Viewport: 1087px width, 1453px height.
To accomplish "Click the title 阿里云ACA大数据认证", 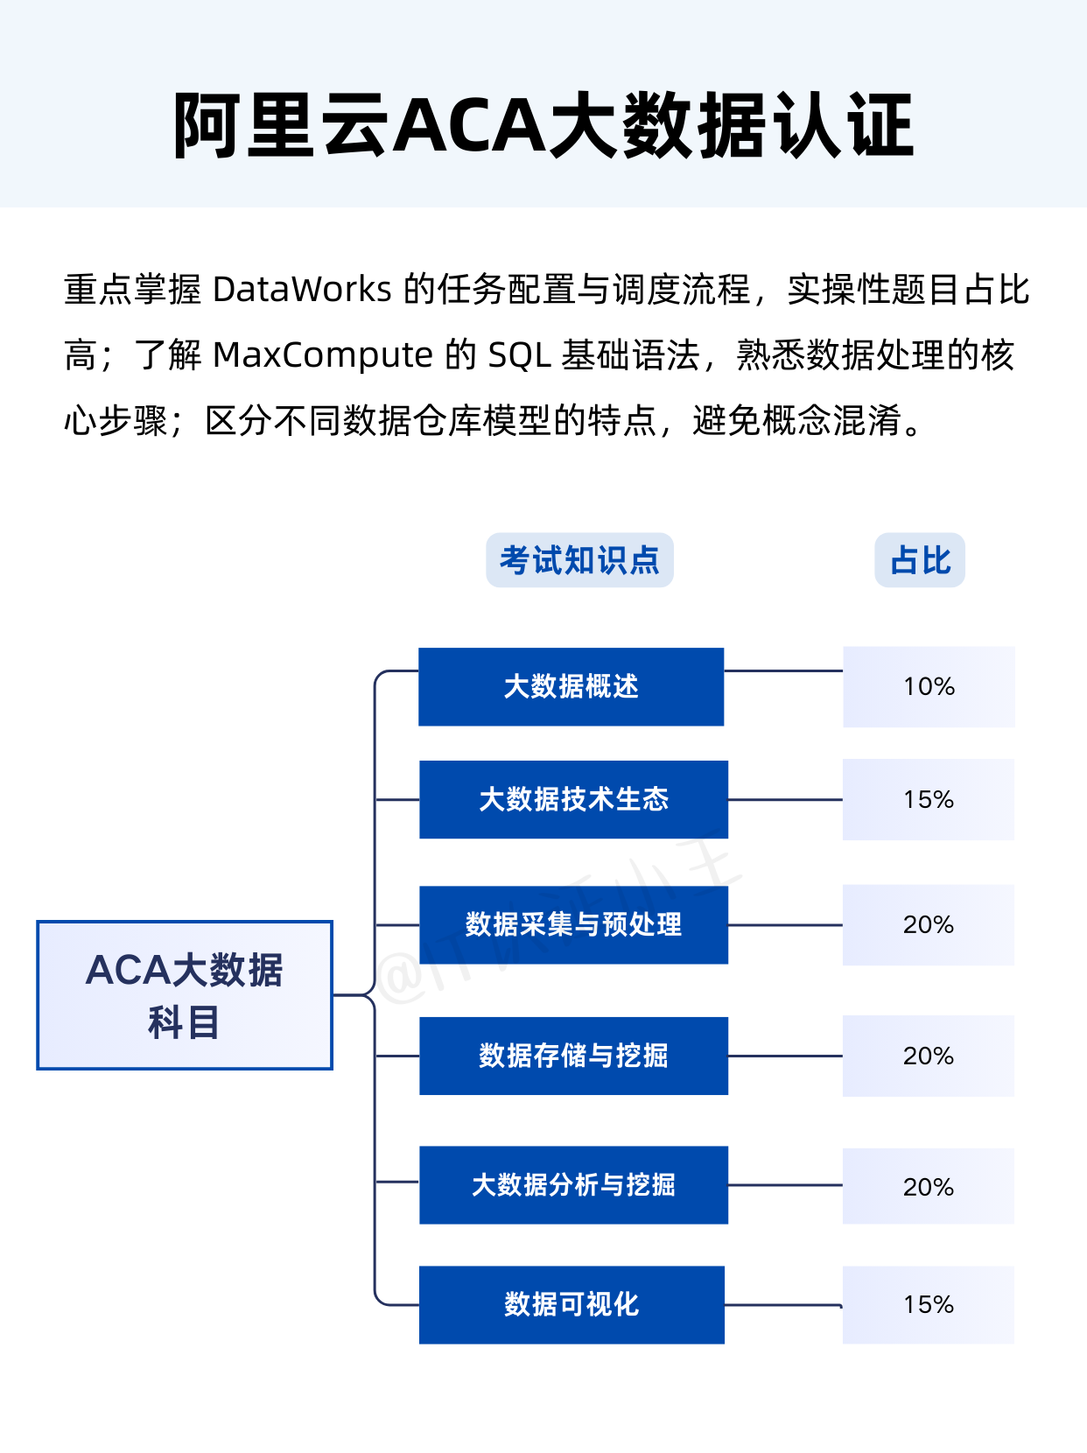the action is point(543,126).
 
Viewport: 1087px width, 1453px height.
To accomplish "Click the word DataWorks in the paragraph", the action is point(302,290).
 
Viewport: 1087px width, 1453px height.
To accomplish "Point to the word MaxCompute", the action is point(323,355).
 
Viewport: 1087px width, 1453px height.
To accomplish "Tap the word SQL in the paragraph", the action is point(519,355).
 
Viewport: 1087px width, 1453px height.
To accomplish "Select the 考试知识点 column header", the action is point(579,560).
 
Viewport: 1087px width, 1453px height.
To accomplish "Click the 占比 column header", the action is point(920,560).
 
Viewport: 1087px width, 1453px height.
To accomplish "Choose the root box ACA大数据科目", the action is point(185,995).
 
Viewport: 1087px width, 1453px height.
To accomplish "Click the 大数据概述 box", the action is point(571,687).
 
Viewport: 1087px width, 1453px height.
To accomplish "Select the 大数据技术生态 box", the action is point(573,800).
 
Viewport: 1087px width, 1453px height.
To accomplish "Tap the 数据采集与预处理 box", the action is point(573,925).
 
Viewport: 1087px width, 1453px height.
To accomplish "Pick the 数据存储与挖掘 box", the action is point(573,1056).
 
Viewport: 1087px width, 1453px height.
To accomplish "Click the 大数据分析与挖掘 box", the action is point(573,1185).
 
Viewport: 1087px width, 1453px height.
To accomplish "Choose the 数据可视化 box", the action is point(572,1305).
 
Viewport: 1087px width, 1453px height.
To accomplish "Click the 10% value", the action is point(929,687).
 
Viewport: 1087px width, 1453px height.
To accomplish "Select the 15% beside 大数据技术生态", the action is point(929,800).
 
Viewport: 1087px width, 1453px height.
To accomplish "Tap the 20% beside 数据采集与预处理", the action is point(929,925).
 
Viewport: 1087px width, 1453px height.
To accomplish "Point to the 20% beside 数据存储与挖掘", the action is point(929,1056).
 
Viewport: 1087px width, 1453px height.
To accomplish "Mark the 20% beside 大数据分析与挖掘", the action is point(929,1187).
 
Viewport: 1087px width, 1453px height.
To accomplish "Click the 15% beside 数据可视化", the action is point(929,1305).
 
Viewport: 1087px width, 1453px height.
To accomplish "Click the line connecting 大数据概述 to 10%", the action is point(783,671).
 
